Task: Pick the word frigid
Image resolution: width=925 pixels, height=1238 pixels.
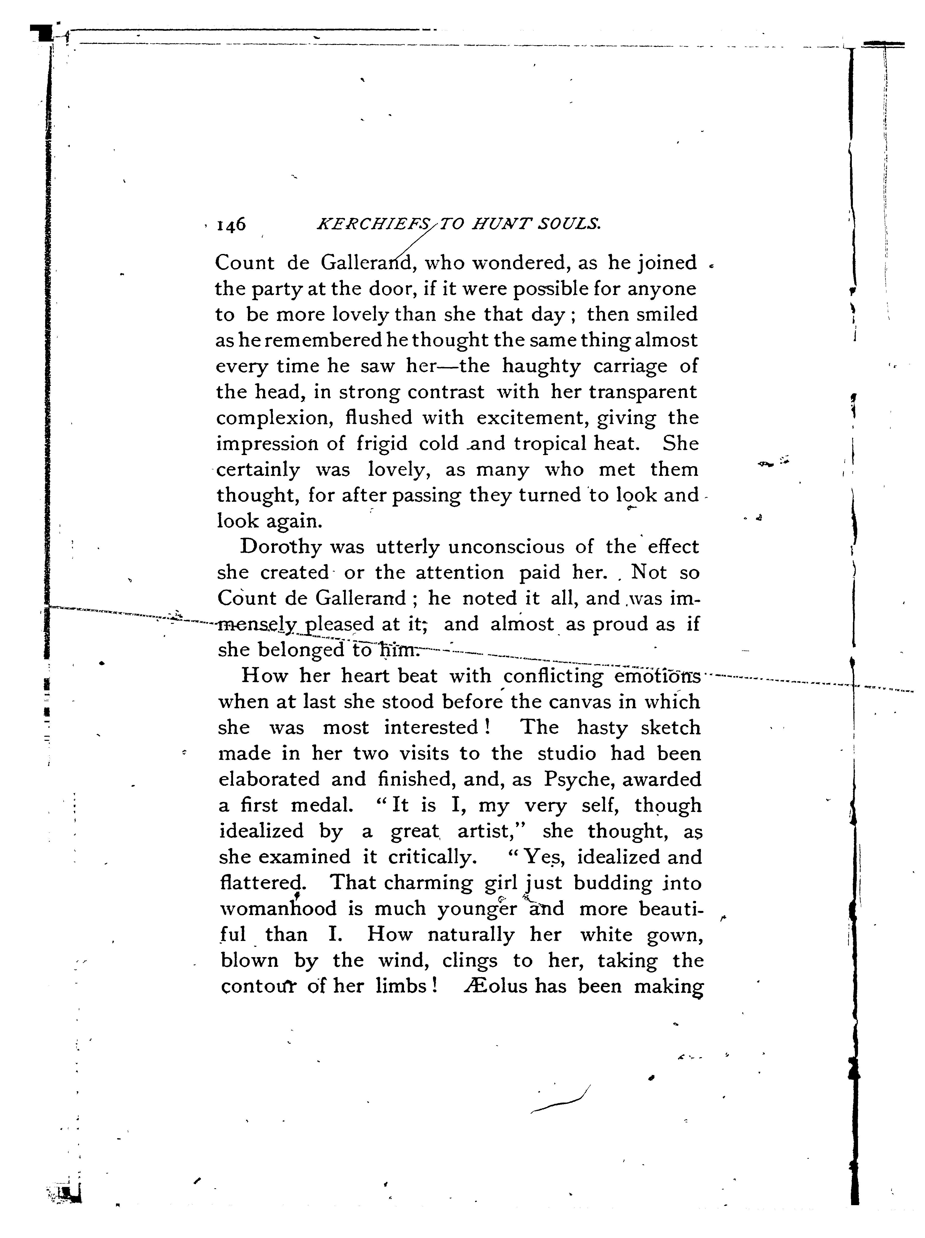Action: [x=382, y=444]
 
